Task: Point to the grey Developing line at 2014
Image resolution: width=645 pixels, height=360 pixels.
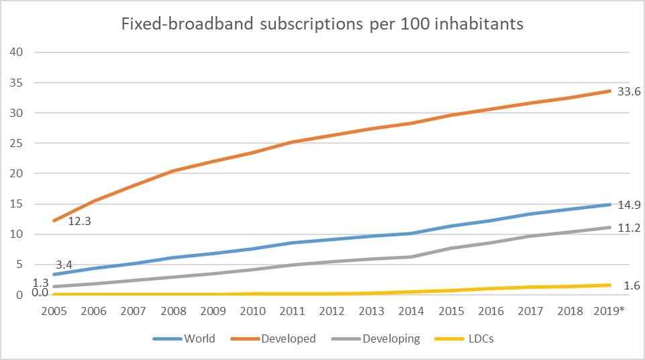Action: [404, 257]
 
